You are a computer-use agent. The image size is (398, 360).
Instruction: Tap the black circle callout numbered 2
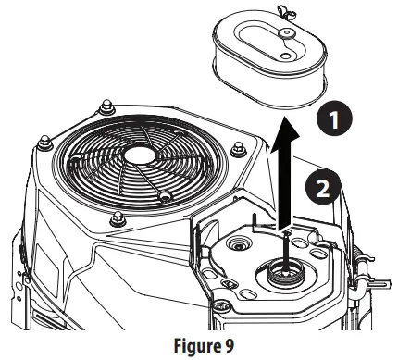(321, 189)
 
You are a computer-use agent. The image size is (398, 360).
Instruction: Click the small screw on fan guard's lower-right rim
(164, 197)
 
